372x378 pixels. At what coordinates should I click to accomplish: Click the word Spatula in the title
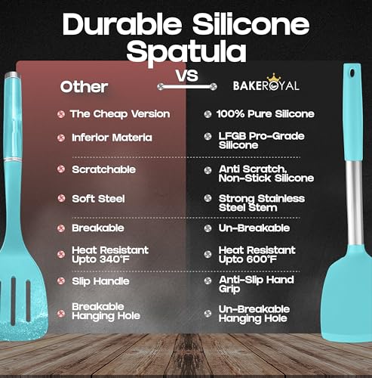(x=186, y=51)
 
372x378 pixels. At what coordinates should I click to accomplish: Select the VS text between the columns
(x=186, y=76)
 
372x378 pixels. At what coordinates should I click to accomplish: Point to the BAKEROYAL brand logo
(x=244, y=85)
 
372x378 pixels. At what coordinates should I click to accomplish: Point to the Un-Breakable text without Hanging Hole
(x=254, y=228)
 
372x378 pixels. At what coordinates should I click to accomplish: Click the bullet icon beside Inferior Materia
(x=60, y=138)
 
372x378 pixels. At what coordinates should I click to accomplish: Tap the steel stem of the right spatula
(x=346, y=189)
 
